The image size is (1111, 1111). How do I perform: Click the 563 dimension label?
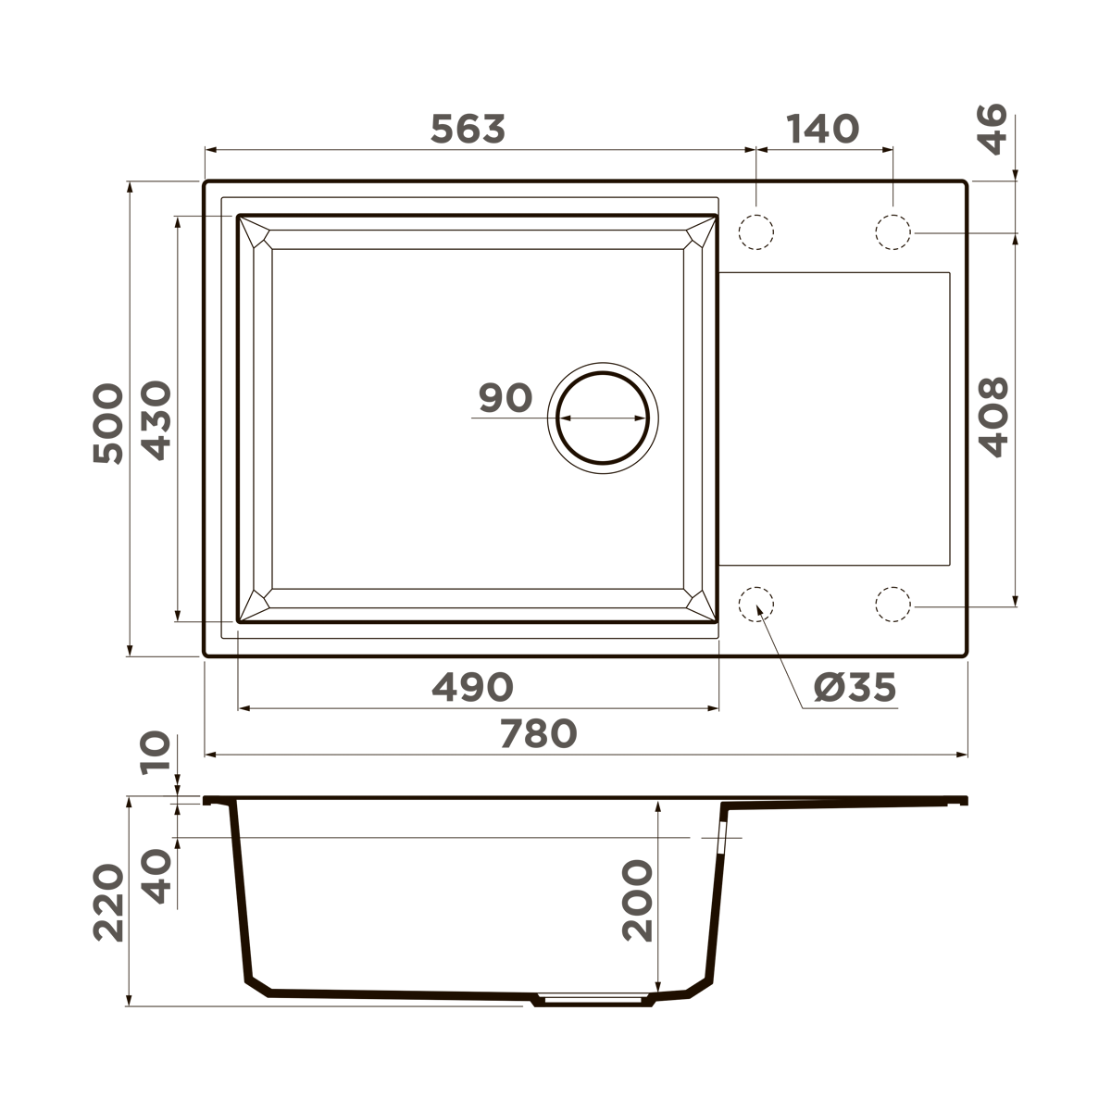tap(468, 130)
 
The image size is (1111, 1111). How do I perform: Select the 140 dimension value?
tap(823, 130)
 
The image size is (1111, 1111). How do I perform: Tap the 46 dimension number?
tap(992, 130)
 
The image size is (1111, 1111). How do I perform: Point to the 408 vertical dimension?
tap(993, 416)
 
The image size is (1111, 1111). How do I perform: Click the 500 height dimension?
tap(108, 423)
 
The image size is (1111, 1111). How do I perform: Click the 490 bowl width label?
tap(472, 687)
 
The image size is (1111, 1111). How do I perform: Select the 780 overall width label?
tap(539, 734)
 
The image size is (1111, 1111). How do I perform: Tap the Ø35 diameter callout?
tap(855, 687)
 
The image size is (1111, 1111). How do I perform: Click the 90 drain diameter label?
tap(506, 398)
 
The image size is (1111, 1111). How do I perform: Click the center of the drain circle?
tap(603, 418)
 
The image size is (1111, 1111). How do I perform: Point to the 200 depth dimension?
tap(637, 901)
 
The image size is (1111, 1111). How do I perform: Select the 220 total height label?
tap(108, 902)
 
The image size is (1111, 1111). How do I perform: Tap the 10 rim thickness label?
tap(156, 752)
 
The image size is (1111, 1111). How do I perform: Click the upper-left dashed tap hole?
tap(755, 231)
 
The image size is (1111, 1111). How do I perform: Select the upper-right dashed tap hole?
tap(893, 231)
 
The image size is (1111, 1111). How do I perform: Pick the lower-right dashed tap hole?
tap(893, 604)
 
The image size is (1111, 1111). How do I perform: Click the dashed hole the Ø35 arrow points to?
tap(755, 604)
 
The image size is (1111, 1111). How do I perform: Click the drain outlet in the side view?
tap(593, 1001)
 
